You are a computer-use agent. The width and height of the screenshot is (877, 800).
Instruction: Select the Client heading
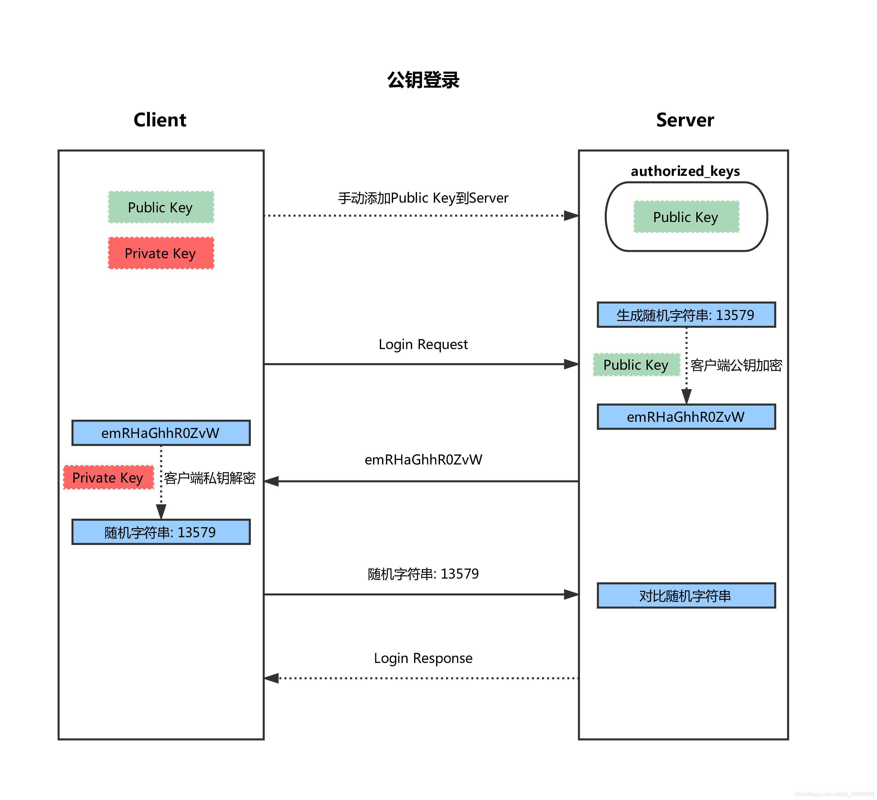point(160,120)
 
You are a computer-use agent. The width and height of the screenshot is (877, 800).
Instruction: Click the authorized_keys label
point(685,171)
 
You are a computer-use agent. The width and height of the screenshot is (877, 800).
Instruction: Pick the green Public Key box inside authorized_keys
point(686,217)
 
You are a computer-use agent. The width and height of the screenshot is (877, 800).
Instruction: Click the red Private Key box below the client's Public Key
point(161,253)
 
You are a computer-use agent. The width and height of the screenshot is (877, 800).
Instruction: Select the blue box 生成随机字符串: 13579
point(686,315)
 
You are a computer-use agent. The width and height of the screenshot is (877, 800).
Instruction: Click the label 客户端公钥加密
point(736,365)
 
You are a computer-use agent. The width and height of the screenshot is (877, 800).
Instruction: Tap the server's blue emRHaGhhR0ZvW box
point(686,417)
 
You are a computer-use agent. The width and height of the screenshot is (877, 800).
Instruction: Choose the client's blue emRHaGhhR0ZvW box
point(161,433)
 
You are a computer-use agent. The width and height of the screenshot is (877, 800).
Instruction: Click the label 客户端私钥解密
point(210,478)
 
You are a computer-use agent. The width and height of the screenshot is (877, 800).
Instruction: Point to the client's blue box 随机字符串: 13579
point(161,532)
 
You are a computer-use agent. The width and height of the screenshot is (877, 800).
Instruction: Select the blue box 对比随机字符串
point(686,595)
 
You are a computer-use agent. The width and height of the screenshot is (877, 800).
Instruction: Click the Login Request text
point(423,344)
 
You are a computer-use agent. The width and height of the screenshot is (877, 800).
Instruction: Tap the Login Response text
point(423,658)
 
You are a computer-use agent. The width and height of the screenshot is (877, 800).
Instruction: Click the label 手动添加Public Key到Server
point(423,198)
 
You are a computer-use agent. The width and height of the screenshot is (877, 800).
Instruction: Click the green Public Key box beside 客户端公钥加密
point(636,365)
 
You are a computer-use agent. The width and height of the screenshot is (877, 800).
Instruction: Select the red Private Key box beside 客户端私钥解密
point(108,477)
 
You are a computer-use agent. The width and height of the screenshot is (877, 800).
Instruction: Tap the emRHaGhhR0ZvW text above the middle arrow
point(423,459)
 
